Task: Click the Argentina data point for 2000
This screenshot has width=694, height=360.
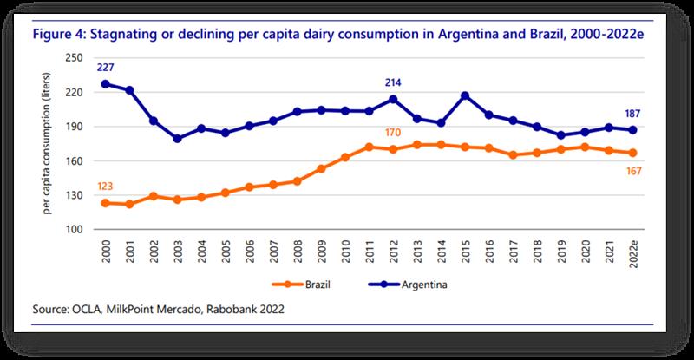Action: pos(106,84)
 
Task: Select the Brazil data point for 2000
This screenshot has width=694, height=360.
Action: pos(106,203)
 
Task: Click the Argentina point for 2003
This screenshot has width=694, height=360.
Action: pos(177,139)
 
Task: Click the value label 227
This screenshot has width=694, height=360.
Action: pos(106,68)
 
